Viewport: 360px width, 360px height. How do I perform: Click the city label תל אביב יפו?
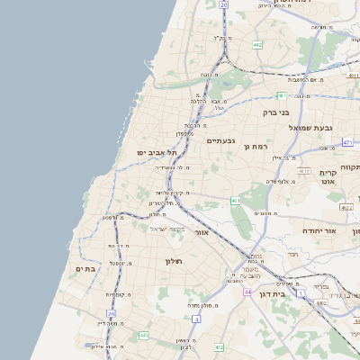click(154, 152)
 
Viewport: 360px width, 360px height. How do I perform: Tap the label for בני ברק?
click(271, 112)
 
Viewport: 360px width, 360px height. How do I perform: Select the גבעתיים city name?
click(221, 140)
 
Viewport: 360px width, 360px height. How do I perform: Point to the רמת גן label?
click(256, 146)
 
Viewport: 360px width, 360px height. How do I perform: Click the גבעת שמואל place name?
click(312, 128)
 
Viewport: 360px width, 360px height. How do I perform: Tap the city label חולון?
click(174, 260)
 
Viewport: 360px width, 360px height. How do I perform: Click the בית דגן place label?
click(284, 292)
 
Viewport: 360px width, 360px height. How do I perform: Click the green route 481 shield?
click(282, 94)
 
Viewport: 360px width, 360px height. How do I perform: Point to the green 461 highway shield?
click(235, 201)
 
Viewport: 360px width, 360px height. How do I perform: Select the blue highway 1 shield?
click(302, 293)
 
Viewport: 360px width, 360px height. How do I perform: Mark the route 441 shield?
click(143, 336)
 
